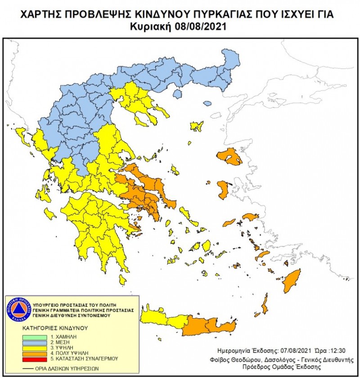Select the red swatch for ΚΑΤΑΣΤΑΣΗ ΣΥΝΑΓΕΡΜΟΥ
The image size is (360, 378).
click(35, 359)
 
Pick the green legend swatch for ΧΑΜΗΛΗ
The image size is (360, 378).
click(35, 337)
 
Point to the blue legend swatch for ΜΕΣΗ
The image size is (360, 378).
click(35, 342)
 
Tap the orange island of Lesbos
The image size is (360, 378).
click(229, 156)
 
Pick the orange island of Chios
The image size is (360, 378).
click(223, 189)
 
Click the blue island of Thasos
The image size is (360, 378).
click(177, 94)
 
